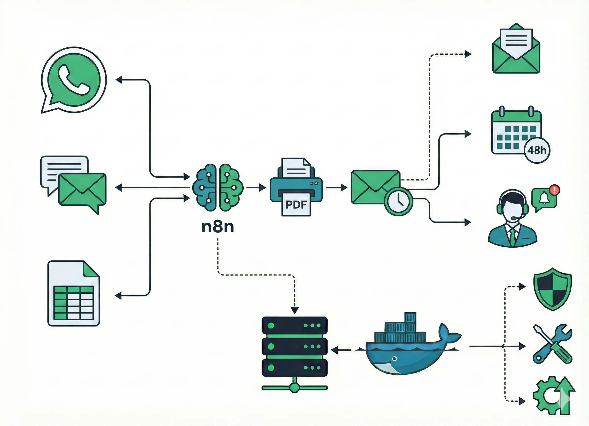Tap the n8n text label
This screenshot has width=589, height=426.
[x=218, y=227]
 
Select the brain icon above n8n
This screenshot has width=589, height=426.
[x=218, y=187]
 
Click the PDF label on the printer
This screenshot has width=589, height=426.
[x=296, y=205]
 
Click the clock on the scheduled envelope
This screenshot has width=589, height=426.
[x=398, y=201]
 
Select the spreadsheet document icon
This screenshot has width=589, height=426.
[x=73, y=293]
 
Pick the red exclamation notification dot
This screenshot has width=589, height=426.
[x=554, y=190]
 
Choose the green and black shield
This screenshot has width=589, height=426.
[x=552, y=289]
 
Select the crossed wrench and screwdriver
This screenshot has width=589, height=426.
[x=552, y=344]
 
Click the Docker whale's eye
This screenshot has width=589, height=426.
[x=395, y=358]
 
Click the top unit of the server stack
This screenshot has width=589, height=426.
[x=294, y=326]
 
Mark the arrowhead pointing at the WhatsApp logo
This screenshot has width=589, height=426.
[x=119, y=80]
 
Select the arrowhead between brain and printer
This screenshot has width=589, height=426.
[x=263, y=187]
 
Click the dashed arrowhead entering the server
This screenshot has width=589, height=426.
[x=294, y=310]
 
